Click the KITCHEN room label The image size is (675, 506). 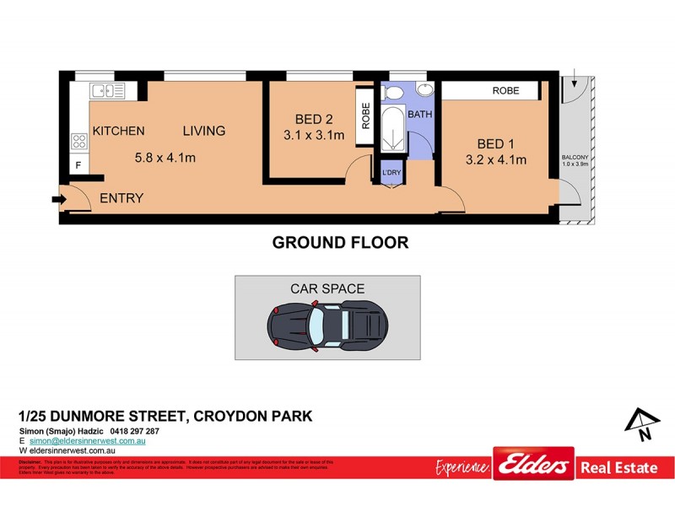tap(118, 131)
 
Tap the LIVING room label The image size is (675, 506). tap(204, 131)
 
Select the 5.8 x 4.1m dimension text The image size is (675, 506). tap(165, 156)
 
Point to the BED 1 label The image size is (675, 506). tap(496, 143)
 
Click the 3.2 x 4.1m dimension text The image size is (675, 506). tap(496, 159)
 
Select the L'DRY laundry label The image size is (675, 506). tap(391, 173)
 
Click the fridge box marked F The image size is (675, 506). tap(78, 165)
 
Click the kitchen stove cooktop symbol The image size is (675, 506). tap(80, 141)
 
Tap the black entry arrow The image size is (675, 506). tap(57, 199)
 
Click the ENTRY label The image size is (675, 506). tap(121, 198)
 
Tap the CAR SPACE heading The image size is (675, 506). tap(327, 288)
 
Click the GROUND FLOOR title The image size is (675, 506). tap(339, 243)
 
